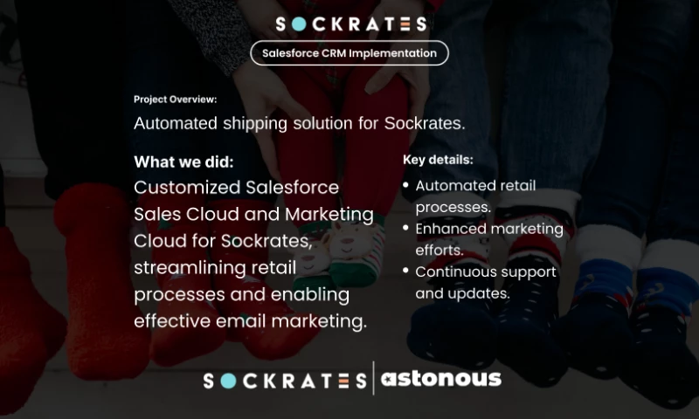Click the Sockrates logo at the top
[349, 24]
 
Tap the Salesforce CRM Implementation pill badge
[349, 53]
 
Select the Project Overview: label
[176, 100]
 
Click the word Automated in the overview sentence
[173, 123]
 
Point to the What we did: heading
[183, 162]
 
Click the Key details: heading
[438, 160]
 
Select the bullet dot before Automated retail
[406, 186]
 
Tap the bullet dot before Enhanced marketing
[406, 229]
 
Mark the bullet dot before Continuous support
[406, 271]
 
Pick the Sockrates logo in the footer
[285, 381]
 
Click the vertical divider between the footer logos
[373, 379]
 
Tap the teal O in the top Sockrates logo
[296, 24]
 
